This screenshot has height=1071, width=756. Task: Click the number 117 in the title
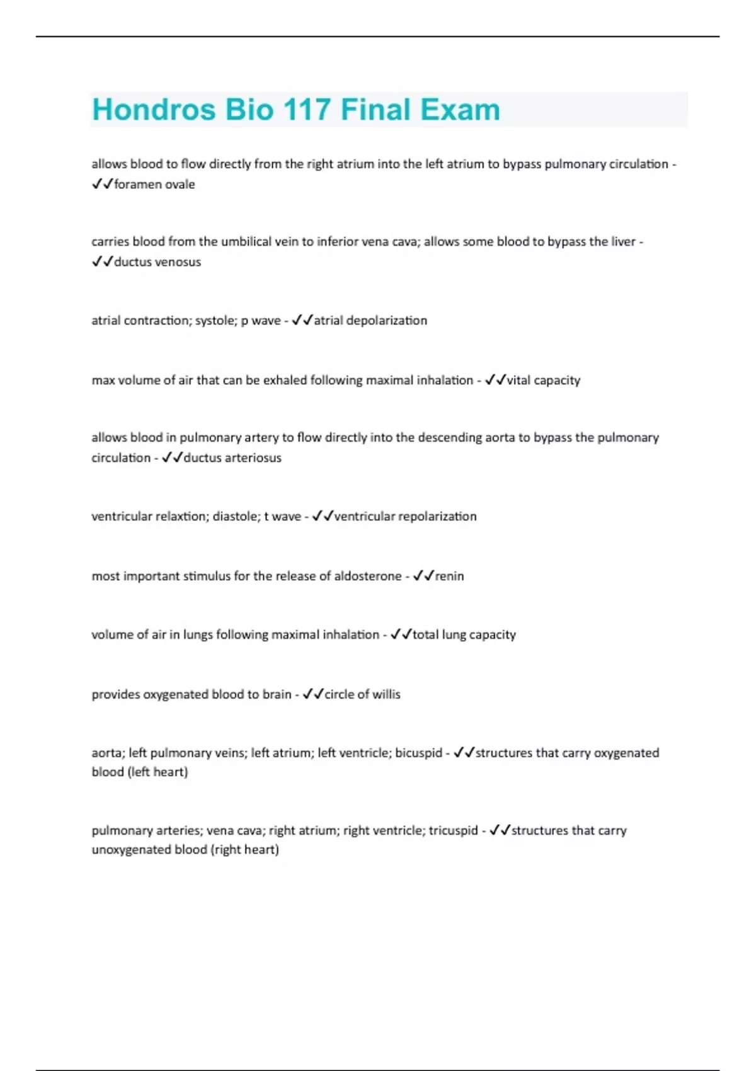[x=307, y=110]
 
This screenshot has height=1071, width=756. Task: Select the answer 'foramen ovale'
[x=154, y=185]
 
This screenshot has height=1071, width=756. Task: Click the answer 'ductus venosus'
[x=157, y=262]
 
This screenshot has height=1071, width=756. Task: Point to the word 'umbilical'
[x=251, y=242]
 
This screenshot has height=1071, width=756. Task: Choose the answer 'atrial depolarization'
[x=370, y=321]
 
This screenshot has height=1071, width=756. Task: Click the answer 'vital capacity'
[x=543, y=381]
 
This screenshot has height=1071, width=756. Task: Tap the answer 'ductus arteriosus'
[x=232, y=458]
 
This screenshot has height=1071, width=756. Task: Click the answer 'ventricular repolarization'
[x=405, y=517]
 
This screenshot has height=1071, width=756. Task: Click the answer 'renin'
[x=450, y=576]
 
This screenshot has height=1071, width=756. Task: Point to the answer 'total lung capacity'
[x=464, y=635]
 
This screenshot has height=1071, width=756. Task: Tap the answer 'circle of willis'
[x=362, y=695]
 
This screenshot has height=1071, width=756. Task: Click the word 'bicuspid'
[x=418, y=753]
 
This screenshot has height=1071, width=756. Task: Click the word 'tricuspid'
[x=453, y=831]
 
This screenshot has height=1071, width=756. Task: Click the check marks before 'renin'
[x=423, y=576]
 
